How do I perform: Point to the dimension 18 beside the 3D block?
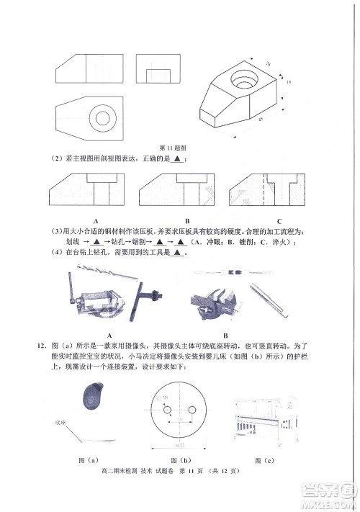(289, 84)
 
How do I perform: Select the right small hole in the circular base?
(192, 410)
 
